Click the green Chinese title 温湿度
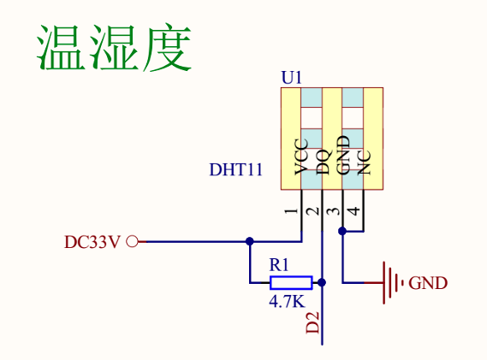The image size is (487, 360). click(x=114, y=47)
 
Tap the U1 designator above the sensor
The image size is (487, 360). click(x=291, y=78)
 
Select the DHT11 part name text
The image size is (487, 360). click(x=236, y=170)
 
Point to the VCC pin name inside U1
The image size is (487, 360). click(x=301, y=156)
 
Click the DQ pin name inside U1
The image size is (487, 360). click(x=323, y=162)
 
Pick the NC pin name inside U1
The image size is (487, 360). click(x=364, y=162)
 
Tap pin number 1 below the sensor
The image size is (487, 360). click(x=291, y=211)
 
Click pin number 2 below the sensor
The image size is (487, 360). click(x=312, y=211)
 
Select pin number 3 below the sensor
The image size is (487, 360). click(x=334, y=211)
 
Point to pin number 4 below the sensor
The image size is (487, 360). click(x=354, y=211)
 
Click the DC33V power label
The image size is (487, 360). click(x=92, y=242)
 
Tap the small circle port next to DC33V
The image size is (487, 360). click(x=133, y=241)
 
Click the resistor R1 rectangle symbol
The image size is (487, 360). click(x=291, y=283)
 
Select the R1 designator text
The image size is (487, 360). click(x=279, y=265)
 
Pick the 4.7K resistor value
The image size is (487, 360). click(x=288, y=301)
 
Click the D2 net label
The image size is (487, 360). click(x=312, y=322)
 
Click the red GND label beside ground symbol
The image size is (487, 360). click(x=428, y=283)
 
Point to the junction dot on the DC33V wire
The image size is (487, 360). click(x=249, y=241)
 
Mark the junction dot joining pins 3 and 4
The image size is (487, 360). click(x=342, y=231)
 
